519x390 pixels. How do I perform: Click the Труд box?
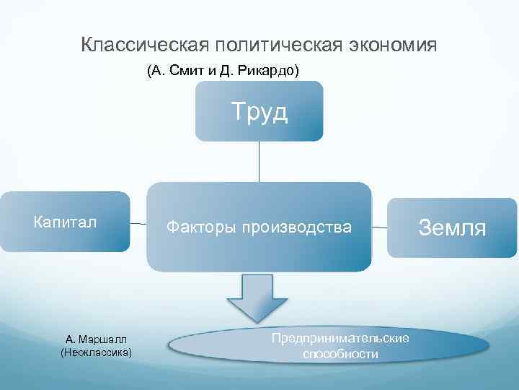(259, 111)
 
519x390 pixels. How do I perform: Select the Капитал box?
(65, 222)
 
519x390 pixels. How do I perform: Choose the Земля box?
(452, 227)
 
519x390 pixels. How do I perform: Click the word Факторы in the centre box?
(198, 227)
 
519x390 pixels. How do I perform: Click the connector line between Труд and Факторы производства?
(259, 161)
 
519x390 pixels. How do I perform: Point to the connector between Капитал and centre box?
(138, 225)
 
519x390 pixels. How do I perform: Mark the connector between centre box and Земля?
(380, 227)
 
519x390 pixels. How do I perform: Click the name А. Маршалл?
(97, 339)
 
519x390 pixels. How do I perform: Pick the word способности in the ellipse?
(340, 354)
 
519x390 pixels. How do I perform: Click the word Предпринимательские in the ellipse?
(340, 338)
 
